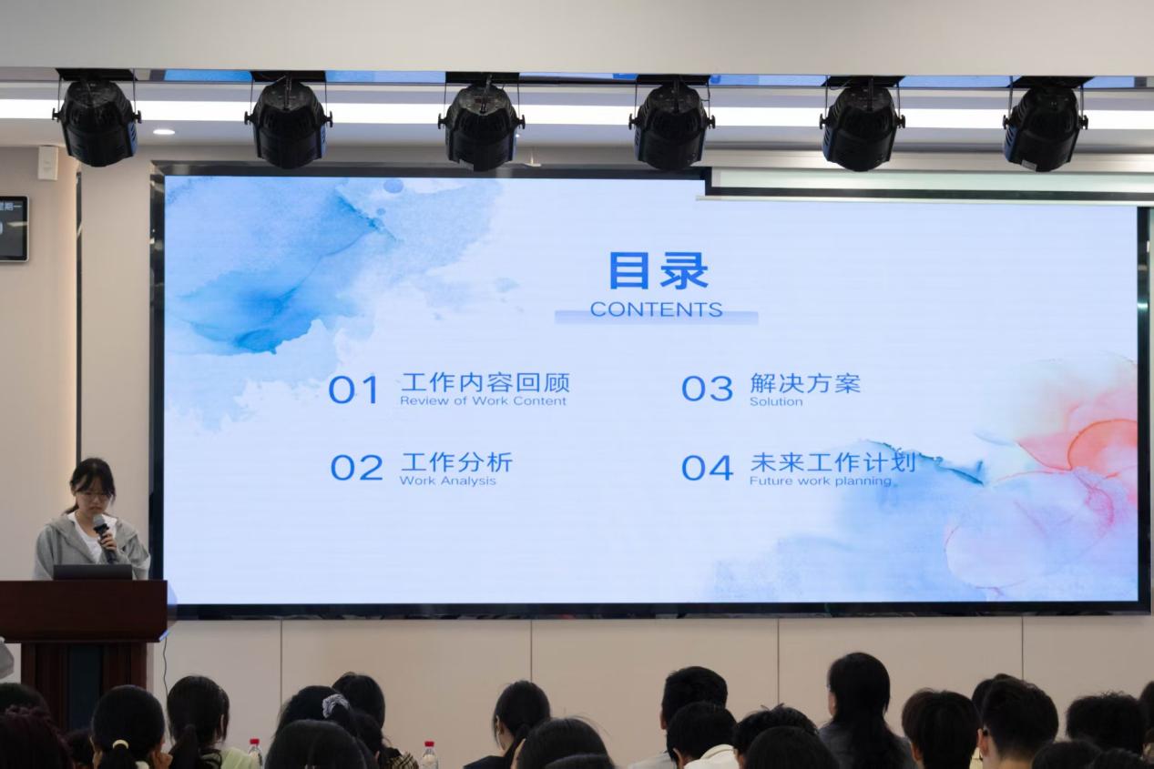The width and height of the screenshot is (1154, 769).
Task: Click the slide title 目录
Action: coord(659,270)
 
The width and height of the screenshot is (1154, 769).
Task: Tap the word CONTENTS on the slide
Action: coord(657,309)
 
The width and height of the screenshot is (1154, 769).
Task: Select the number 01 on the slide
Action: coord(354,390)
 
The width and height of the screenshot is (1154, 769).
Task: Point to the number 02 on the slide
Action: coord(356,468)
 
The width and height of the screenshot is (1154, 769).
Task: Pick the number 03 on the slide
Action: coord(707,388)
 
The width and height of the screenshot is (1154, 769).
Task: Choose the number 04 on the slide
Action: coord(707,468)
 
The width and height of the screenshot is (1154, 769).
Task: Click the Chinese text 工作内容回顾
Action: coord(485,382)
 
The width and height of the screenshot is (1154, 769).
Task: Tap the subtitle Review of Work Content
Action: coord(484,400)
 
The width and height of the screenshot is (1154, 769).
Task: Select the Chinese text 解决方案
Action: coord(805,383)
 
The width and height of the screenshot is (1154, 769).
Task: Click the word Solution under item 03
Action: coord(776,401)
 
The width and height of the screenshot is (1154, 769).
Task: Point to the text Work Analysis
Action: coord(447,481)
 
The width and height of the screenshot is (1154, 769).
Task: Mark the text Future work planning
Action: coord(820,481)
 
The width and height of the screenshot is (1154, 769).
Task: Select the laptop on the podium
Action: coord(93,572)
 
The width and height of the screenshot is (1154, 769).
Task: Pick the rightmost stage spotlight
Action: coord(1046,124)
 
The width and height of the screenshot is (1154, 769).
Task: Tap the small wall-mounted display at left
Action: coord(14,228)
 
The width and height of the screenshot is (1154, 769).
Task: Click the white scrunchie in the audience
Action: coord(335,704)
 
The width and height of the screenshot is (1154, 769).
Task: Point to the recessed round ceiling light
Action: coord(164,132)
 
